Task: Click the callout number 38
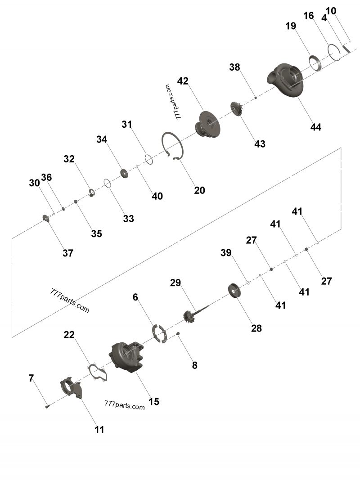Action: point(234,67)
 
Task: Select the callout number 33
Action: point(129,219)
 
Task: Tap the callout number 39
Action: point(226,253)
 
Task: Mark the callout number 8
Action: point(194,365)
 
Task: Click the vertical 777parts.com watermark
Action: point(173,102)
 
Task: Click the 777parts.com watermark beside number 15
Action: point(124,405)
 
